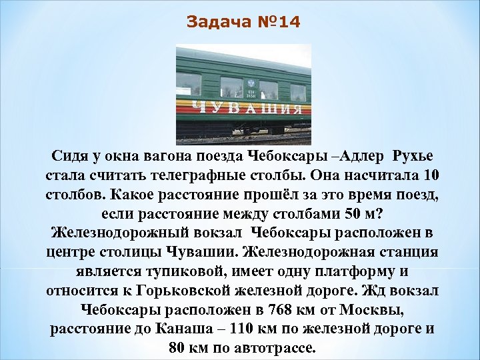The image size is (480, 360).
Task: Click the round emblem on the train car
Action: point(251,83)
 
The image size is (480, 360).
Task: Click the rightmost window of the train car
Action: point(297,92)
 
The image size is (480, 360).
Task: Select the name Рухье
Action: point(413,157)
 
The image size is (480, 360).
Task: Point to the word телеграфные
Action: point(214,176)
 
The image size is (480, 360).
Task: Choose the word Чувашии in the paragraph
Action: point(207,253)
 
